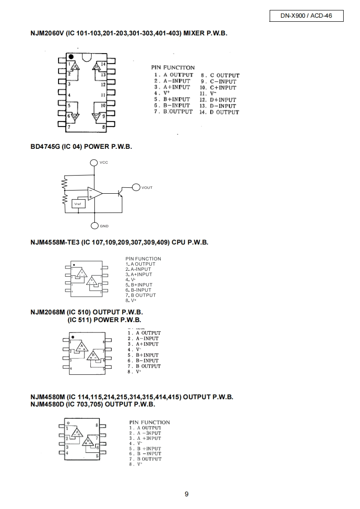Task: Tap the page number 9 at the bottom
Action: [x=187, y=494]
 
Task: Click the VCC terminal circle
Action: [x=94, y=162]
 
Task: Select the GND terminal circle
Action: [x=94, y=226]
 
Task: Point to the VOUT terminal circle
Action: [x=136, y=187]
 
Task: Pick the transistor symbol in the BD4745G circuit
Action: [x=120, y=193]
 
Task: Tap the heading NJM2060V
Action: [x=48, y=34]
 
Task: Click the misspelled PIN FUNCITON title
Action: [x=173, y=68]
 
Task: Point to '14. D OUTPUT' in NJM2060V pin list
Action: [x=219, y=112]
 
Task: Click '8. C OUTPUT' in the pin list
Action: [x=220, y=75]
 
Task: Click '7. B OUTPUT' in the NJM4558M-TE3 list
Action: [x=141, y=295]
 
